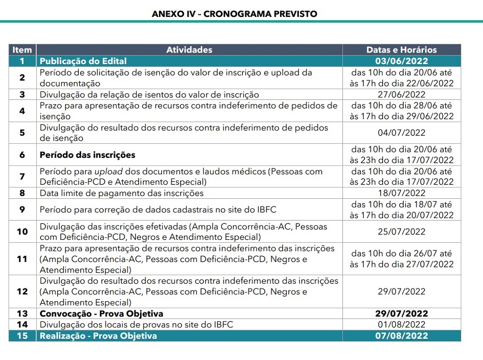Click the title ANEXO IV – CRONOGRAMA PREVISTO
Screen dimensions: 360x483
click(234, 14)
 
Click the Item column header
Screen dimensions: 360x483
click(22, 50)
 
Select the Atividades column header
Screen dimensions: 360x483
click(189, 50)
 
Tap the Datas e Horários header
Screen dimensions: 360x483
click(401, 50)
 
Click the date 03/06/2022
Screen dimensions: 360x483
click(401, 61)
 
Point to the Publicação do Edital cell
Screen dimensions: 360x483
click(83, 61)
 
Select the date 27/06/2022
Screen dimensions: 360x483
click(401, 95)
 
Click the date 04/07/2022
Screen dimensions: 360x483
click(401, 133)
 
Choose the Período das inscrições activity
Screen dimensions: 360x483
click(87, 155)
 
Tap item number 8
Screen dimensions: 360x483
click(22, 193)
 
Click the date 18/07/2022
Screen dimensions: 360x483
click(401, 193)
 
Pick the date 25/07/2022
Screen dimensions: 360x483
click(401, 232)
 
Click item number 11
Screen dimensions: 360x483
click(22, 259)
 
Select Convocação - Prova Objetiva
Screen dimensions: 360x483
click(101, 314)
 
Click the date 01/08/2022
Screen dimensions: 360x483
click(401, 325)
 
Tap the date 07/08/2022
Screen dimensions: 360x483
click(401, 336)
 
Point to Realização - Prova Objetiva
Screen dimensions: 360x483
click(98, 336)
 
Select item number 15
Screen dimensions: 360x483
click(22, 336)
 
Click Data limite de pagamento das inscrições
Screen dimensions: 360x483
click(121, 193)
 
